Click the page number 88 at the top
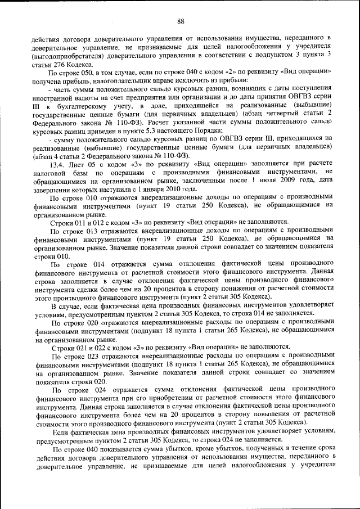point(181,21)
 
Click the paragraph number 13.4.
point(59,165)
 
